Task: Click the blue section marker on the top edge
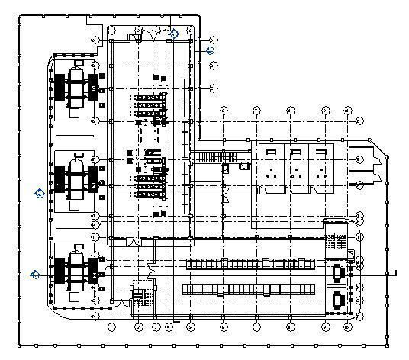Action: pyautogui.click(x=174, y=33)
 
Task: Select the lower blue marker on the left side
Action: pyautogui.click(x=34, y=275)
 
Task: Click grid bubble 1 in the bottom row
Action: pyautogui.click(x=112, y=327)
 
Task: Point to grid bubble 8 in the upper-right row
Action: pyautogui.click(x=291, y=111)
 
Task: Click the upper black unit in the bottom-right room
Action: pyautogui.click(x=337, y=272)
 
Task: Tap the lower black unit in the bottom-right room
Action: pyautogui.click(x=337, y=300)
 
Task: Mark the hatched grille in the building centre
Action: pyautogui.click(x=203, y=156)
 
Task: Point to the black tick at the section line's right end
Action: pyautogui.click(x=396, y=272)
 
